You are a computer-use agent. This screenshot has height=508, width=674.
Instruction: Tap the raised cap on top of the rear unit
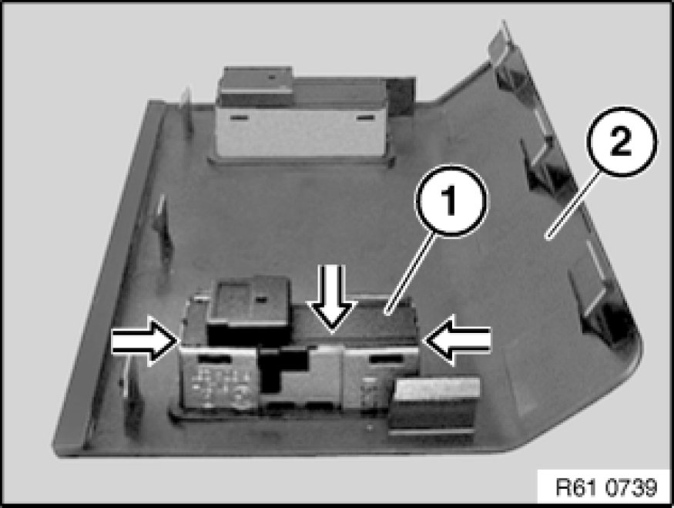(258, 79)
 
